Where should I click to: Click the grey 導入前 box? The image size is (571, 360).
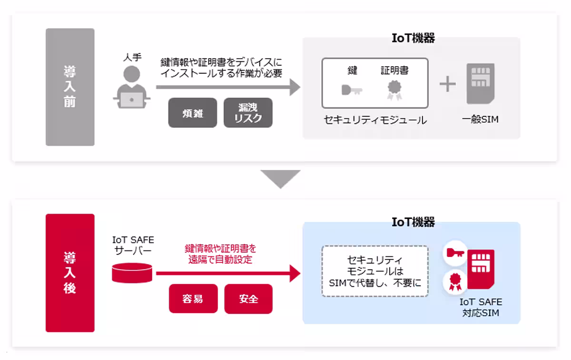click(70, 87)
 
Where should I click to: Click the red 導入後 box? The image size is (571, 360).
click(70, 273)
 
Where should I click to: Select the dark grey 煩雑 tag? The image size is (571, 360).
click(192, 113)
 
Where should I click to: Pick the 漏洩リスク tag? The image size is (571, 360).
click(248, 113)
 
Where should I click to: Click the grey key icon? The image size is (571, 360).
click(352, 90)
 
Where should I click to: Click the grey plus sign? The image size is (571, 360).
click(447, 84)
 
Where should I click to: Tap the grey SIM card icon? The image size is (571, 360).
click(480, 83)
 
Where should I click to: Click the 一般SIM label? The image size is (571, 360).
click(480, 120)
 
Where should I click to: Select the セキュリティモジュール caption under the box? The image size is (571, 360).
click(375, 120)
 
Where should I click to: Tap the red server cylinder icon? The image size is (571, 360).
click(132, 273)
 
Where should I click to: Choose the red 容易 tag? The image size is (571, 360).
click(193, 299)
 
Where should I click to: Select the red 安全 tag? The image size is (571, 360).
click(248, 299)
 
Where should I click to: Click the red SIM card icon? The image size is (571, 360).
click(481, 269)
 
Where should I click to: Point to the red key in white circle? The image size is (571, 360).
click(454, 253)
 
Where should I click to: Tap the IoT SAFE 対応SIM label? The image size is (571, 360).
click(481, 308)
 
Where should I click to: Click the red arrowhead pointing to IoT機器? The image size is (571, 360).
click(295, 274)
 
